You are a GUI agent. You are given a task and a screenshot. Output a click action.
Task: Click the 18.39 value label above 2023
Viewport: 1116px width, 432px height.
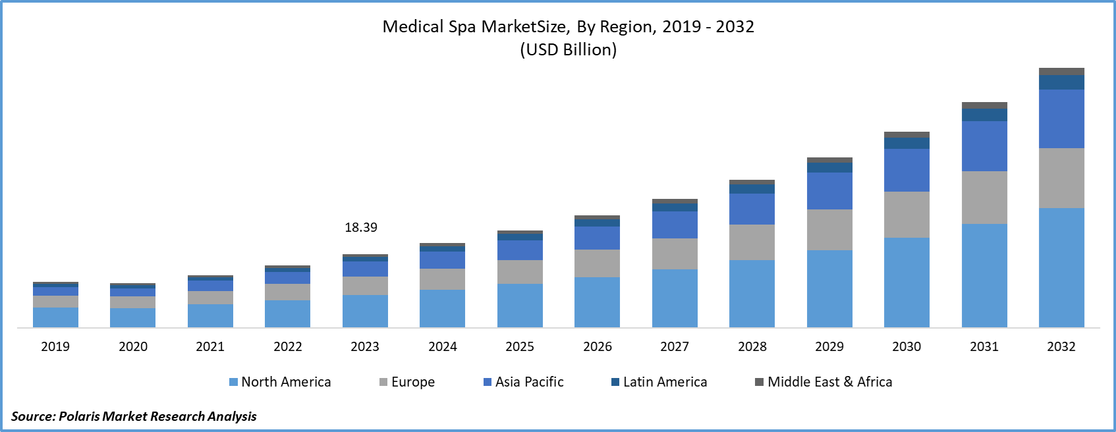pyautogui.click(x=361, y=228)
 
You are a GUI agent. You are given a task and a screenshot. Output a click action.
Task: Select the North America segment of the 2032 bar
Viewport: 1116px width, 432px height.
pyautogui.click(x=1061, y=267)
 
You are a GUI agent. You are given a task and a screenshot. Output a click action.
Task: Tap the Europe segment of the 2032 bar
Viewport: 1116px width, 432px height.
pyautogui.click(x=1061, y=178)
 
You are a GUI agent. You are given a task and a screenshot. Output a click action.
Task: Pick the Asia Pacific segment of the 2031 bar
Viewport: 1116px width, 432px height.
pyautogui.click(x=984, y=146)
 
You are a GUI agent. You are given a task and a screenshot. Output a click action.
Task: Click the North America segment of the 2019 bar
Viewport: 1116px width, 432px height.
pyautogui.click(x=55, y=317)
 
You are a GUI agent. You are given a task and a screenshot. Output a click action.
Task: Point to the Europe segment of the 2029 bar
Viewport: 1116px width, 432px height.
pyautogui.click(x=829, y=230)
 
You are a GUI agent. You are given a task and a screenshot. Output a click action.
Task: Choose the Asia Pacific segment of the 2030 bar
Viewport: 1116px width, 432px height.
pyautogui.click(x=907, y=170)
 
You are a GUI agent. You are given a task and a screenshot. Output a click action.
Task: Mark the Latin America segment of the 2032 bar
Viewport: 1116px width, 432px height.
pyautogui.click(x=1061, y=82)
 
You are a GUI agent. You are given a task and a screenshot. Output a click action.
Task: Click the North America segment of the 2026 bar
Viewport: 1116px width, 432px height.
pyautogui.click(x=597, y=302)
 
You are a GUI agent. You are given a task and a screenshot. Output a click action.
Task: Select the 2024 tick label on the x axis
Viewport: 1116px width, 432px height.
pyautogui.click(x=443, y=347)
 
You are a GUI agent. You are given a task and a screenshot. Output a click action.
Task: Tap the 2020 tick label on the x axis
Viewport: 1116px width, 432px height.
pyautogui.click(x=133, y=347)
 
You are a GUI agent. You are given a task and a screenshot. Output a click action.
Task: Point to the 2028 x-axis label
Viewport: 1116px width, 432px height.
pyautogui.click(x=752, y=347)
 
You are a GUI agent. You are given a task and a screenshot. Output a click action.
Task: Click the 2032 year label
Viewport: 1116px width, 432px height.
pyautogui.click(x=1061, y=347)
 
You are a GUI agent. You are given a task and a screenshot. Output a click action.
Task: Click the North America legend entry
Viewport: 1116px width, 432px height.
pyautogui.click(x=280, y=382)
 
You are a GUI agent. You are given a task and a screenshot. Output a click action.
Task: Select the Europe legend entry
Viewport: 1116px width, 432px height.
pyautogui.click(x=407, y=382)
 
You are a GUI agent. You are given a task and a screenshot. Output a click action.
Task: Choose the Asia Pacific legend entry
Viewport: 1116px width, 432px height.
pyautogui.click(x=524, y=382)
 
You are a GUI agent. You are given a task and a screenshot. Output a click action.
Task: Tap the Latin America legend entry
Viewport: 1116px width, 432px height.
pyautogui.click(x=659, y=382)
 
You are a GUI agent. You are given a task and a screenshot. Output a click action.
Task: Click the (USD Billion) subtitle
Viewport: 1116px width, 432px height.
pyautogui.click(x=569, y=50)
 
